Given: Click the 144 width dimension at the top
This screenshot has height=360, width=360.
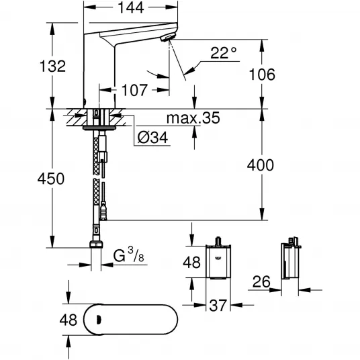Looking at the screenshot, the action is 131,7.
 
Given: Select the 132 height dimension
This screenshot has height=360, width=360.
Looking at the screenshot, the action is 52,66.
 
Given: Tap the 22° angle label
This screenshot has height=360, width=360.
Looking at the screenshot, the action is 223,53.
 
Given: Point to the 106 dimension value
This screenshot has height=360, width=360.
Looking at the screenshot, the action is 262,75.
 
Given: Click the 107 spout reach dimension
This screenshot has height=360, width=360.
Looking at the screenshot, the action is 134,90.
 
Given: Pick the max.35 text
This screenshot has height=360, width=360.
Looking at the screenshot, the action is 193,118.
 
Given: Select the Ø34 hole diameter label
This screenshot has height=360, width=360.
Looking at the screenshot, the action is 152,138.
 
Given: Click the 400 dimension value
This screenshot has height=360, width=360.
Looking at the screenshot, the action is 261,165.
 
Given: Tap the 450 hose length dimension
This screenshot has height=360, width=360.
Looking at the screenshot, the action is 51,179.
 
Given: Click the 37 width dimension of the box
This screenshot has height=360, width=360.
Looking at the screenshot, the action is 218,306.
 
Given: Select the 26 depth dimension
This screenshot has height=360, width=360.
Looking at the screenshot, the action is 261,281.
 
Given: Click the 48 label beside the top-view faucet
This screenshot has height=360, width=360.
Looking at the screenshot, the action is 69,320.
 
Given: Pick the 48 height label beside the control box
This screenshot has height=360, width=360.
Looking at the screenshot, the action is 191,262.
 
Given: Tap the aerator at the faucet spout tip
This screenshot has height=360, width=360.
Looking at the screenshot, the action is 168,38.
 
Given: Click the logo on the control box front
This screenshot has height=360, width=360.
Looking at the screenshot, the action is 218,259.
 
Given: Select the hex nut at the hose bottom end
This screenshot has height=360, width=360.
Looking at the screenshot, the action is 96,244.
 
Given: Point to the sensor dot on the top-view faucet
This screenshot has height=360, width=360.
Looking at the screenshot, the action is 99,320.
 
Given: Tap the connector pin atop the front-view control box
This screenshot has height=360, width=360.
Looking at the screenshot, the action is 218,241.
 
